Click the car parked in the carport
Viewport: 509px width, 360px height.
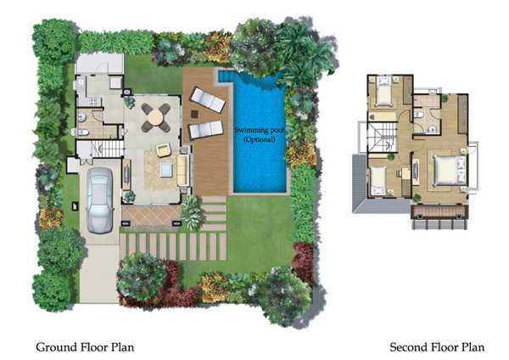click(100, 200)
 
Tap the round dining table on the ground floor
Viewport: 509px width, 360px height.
click(155, 118)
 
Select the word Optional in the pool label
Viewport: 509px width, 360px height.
click(259, 140)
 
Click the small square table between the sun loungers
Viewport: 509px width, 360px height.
click(195, 114)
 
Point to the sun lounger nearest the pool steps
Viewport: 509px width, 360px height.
click(208, 99)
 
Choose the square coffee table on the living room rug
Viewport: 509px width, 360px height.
click(167, 170)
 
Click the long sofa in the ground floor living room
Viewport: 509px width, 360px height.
click(183, 171)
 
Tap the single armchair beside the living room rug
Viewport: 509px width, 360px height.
click(163, 149)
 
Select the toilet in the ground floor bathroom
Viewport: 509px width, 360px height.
click(81, 132)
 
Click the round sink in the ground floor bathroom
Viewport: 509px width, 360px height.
click(81, 116)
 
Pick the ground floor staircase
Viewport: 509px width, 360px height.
click(107, 149)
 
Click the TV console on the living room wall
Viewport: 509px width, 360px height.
click(126, 174)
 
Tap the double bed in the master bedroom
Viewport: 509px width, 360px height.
click(450, 171)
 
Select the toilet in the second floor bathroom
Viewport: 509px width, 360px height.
click(419, 115)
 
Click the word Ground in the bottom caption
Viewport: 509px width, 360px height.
click(57, 347)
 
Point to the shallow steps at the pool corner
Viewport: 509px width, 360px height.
click(225, 76)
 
